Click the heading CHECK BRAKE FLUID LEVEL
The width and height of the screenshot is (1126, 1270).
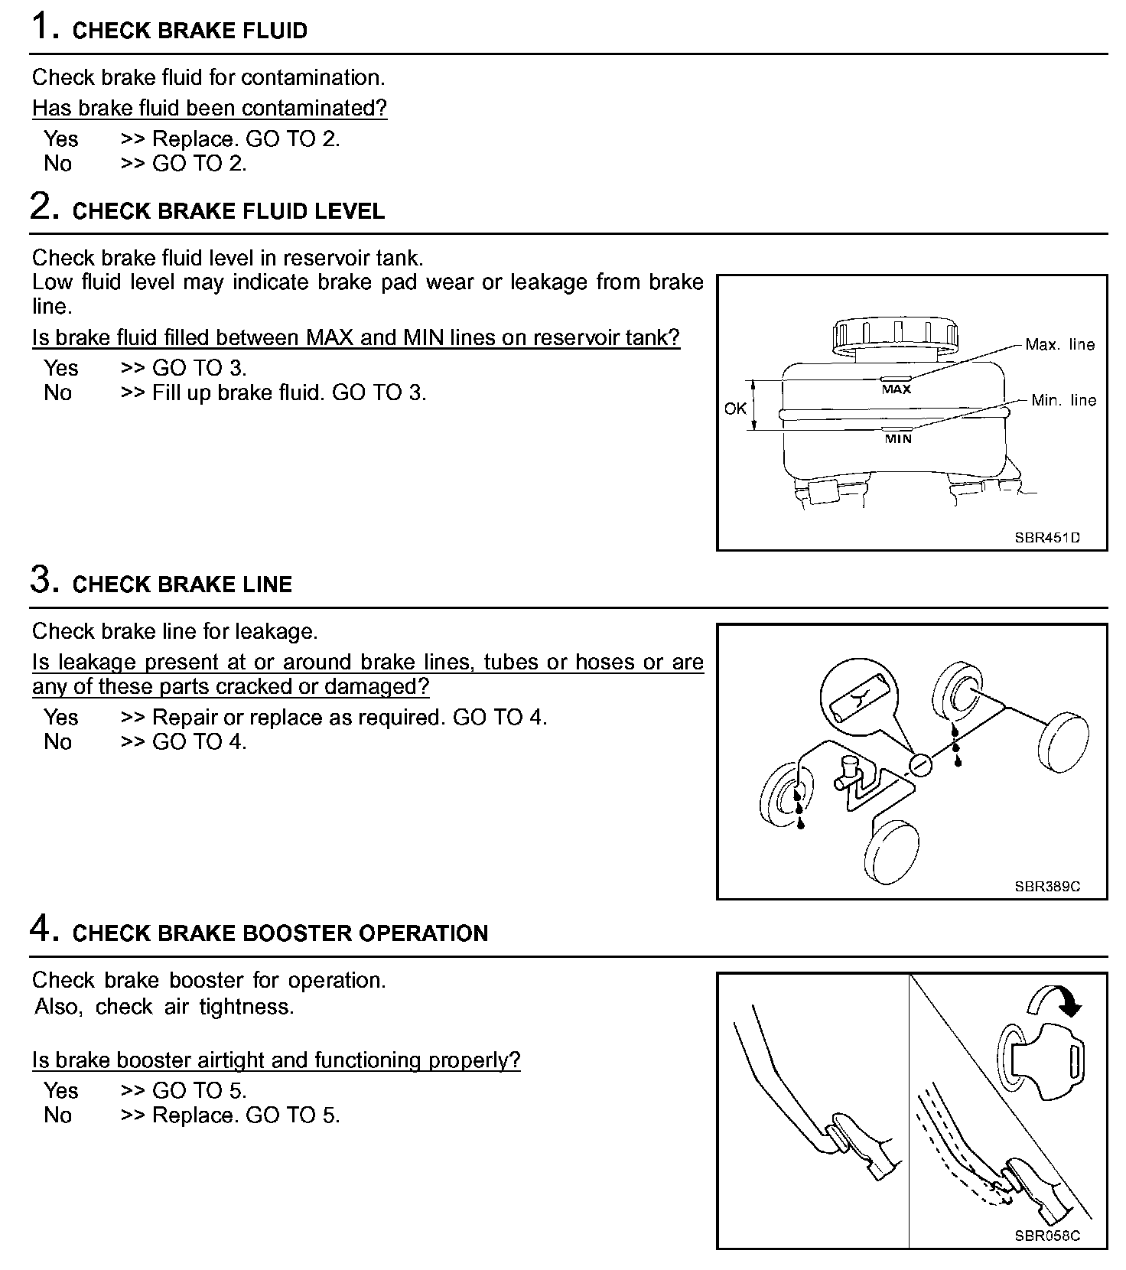pos(228,211)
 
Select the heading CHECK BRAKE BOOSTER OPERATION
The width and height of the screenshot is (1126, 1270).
pos(280,933)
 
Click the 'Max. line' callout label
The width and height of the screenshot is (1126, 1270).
pos(1059,345)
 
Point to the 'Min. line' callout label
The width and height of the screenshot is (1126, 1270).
pos(1063,401)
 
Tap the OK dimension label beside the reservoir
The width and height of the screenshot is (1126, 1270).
pos(735,409)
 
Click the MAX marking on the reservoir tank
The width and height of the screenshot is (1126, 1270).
pos(896,389)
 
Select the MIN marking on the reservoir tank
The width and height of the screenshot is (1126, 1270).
pos(898,439)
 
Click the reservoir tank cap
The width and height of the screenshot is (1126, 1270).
pos(895,334)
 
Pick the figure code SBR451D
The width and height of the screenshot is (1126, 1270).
pos(1047,538)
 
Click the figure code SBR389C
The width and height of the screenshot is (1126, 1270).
pos(1047,887)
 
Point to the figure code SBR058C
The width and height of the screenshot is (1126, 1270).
pos(1047,1236)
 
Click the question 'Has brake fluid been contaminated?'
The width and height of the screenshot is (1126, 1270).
pos(210,109)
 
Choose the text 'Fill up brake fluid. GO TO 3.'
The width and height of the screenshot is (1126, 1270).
pos(289,393)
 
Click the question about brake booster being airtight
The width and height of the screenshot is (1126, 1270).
pos(276,1060)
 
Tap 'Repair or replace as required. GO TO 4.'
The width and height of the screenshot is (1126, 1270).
pos(350,718)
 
